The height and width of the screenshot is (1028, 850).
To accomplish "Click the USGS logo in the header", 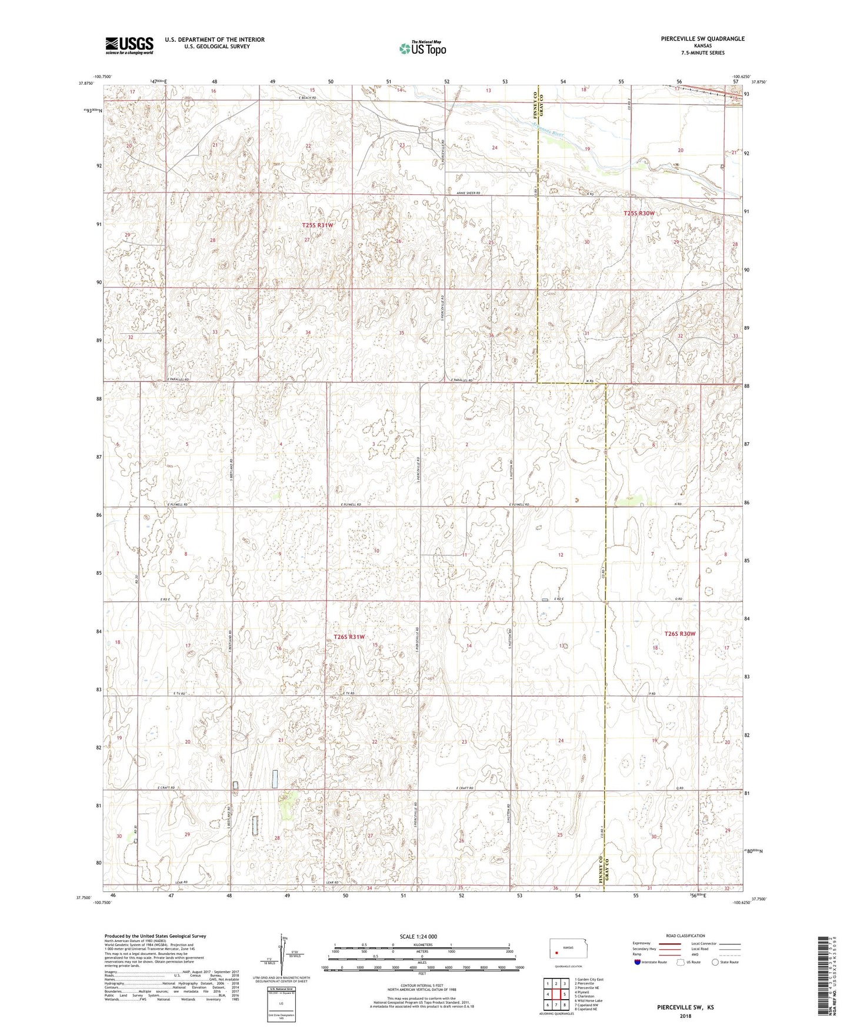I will (x=129, y=45).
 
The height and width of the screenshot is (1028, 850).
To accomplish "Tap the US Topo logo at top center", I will (x=422, y=48).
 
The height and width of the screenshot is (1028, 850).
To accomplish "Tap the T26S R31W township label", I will (x=349, y=637).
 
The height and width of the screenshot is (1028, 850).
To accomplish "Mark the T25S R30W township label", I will (x=639, y=213).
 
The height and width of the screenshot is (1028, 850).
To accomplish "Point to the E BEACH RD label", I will (x=306, y=97).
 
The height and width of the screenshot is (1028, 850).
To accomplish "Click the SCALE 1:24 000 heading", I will (x=421, y=937).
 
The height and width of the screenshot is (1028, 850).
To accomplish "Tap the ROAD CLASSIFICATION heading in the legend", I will (x=685, y=936).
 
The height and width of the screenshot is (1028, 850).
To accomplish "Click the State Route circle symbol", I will (x=715, y=962).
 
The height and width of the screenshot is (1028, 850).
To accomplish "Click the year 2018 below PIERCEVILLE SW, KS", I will (x=685, y=1016).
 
